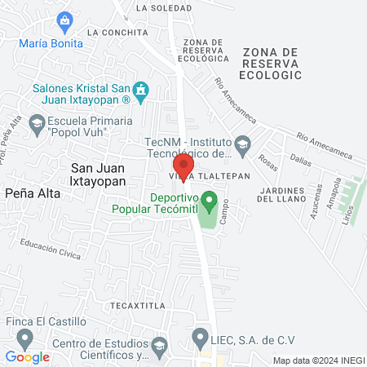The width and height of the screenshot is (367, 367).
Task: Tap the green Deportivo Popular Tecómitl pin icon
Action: click(x=209, y=200)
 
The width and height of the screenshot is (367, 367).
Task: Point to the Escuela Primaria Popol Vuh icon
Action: click(x=36, y=123)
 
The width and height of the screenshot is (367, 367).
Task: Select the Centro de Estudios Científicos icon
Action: click(x=159, y=347)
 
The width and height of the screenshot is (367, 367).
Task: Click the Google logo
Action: click(x=28, y=356)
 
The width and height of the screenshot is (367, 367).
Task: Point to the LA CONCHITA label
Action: click(x=119, y=33)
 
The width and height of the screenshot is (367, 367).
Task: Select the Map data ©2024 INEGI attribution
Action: click(x=318, y=360)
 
